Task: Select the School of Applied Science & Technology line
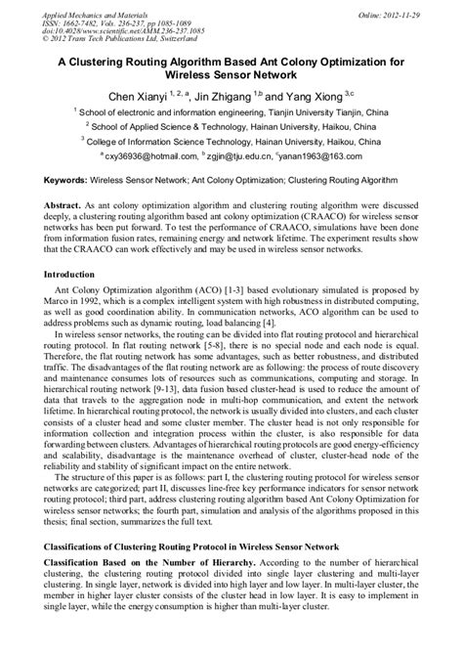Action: click(x=231, y=126)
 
